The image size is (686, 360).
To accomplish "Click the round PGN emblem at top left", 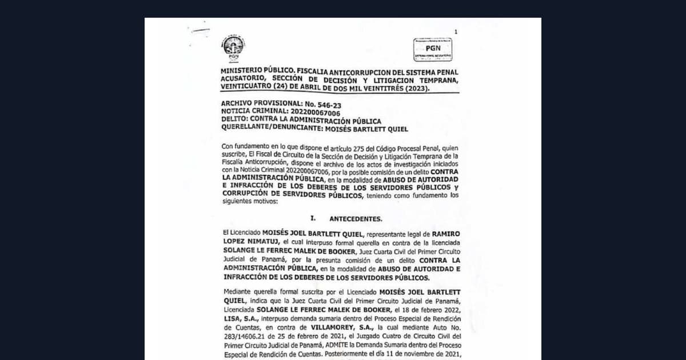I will click(233, 47).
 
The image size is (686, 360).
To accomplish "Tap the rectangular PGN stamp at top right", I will click(433, 50).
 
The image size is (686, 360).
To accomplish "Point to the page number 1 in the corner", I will click(456, 32).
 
